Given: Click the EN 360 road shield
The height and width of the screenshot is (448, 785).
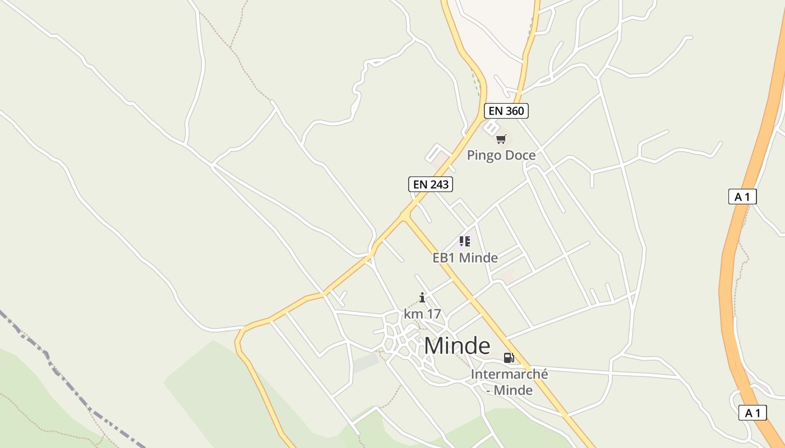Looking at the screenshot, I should tap(506, 111).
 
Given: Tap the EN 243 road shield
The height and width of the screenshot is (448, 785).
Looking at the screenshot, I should tap(430, 184).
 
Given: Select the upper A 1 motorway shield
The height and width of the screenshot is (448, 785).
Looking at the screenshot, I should tap(742, 197).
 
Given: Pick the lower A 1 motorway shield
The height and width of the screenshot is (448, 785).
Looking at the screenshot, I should tap(752, 413).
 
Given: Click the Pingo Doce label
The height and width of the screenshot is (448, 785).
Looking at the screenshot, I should tap(501, 155).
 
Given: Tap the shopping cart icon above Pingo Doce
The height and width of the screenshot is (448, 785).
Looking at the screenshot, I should tap(501, 139).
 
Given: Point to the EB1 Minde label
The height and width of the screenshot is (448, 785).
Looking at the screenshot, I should tap(465, 258).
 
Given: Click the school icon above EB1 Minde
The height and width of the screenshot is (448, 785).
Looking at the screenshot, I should tap(464, 241).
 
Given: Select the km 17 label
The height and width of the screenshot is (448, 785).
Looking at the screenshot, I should tap(422, 314).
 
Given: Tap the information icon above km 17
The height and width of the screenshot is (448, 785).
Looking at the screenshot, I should tap(422, 297).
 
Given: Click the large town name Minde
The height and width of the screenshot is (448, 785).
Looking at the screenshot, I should tap(457, 346).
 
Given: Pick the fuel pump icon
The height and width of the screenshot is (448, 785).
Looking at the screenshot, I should tap(509, 358).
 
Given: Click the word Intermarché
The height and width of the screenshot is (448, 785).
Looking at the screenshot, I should tap(509, 374).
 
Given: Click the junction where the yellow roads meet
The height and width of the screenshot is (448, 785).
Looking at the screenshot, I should tap(405, 215).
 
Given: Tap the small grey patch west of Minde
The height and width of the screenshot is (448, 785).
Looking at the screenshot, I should tap(366, 363).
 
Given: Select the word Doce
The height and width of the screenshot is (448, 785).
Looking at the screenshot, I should tap(519, 155).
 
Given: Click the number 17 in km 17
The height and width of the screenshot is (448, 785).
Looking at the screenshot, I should tap(432, 314).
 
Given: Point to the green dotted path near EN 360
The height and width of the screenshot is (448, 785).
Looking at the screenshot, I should tap(475, 84).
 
